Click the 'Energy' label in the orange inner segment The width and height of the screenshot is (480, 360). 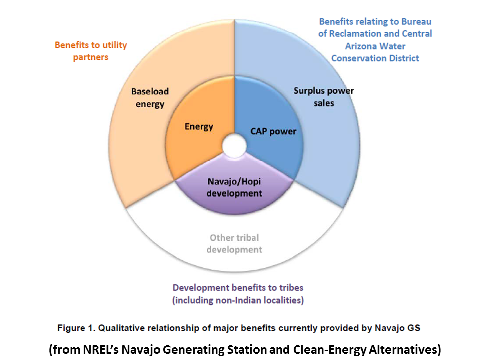click(x=199, y=126)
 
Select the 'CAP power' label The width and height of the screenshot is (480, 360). click(x=273, y=132)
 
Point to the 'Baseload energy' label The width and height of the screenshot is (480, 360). click(x=150, y=98)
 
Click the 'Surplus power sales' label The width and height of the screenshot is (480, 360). click(x=323, y=97)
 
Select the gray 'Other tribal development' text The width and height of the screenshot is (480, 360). click(x=234, y=243)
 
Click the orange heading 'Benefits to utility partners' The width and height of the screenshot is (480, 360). click(x=91, y=51)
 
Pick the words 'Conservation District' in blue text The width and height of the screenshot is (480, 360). click(x=375, y=58)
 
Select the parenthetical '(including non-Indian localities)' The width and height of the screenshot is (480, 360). click(x=238, y=300)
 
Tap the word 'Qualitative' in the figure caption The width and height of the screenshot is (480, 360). click(x=121, y=328)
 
